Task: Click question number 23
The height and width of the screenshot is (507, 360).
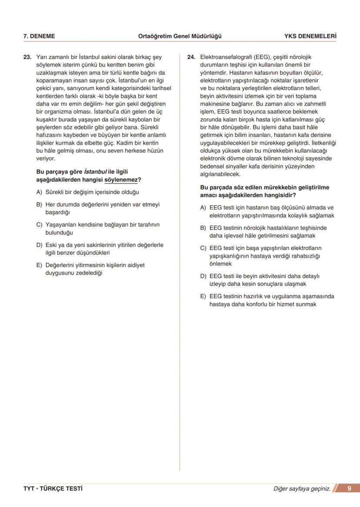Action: [27, 57]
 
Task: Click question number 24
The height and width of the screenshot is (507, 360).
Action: [191, 57]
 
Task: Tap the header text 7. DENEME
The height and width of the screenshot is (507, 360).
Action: [39, 36]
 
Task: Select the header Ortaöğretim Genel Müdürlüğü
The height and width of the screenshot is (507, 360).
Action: [180, 36]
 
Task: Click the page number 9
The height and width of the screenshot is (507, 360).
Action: [349, 489]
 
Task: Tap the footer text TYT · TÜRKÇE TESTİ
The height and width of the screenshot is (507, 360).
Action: [53, 489]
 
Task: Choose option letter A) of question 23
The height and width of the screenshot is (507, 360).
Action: [39, 192]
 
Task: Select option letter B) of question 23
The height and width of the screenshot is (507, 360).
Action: [39, 204]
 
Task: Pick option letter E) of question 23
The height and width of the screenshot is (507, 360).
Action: [39, 265]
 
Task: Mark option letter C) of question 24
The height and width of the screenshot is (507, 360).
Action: [203, 248]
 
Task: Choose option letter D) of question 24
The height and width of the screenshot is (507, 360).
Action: [203, 276]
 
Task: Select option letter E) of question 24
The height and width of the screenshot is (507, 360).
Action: [203, 296]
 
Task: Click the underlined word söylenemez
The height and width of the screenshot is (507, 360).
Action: [121, 180]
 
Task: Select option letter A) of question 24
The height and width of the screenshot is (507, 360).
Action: [203, 208]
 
